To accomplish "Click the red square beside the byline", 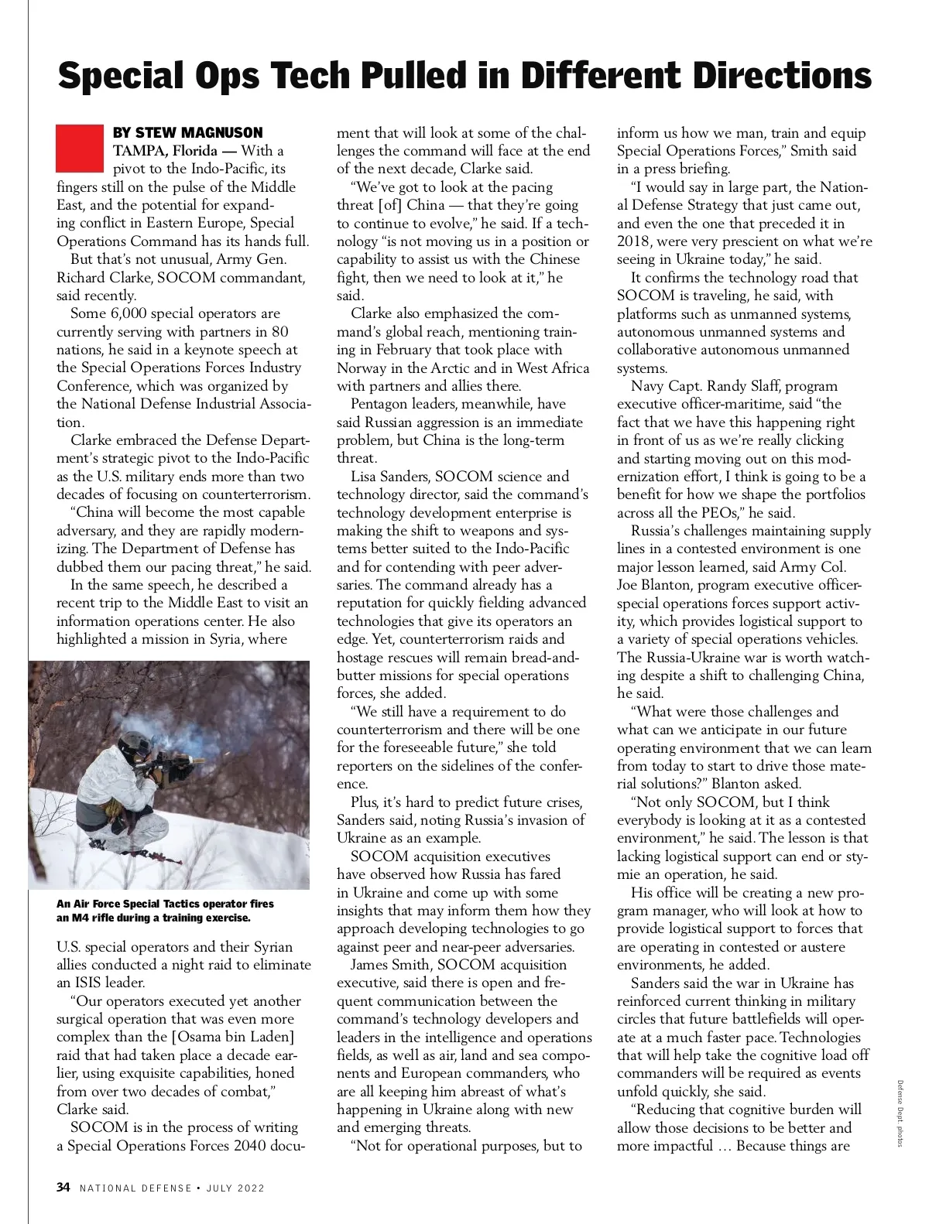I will click(80, 148).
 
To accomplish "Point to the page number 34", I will click(63, 1188).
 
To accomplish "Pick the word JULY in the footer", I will click(221, 1188).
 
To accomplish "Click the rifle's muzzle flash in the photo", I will click(198, 761).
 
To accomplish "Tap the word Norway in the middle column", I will click(360, 368).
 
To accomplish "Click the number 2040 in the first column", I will click(245, 1146).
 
